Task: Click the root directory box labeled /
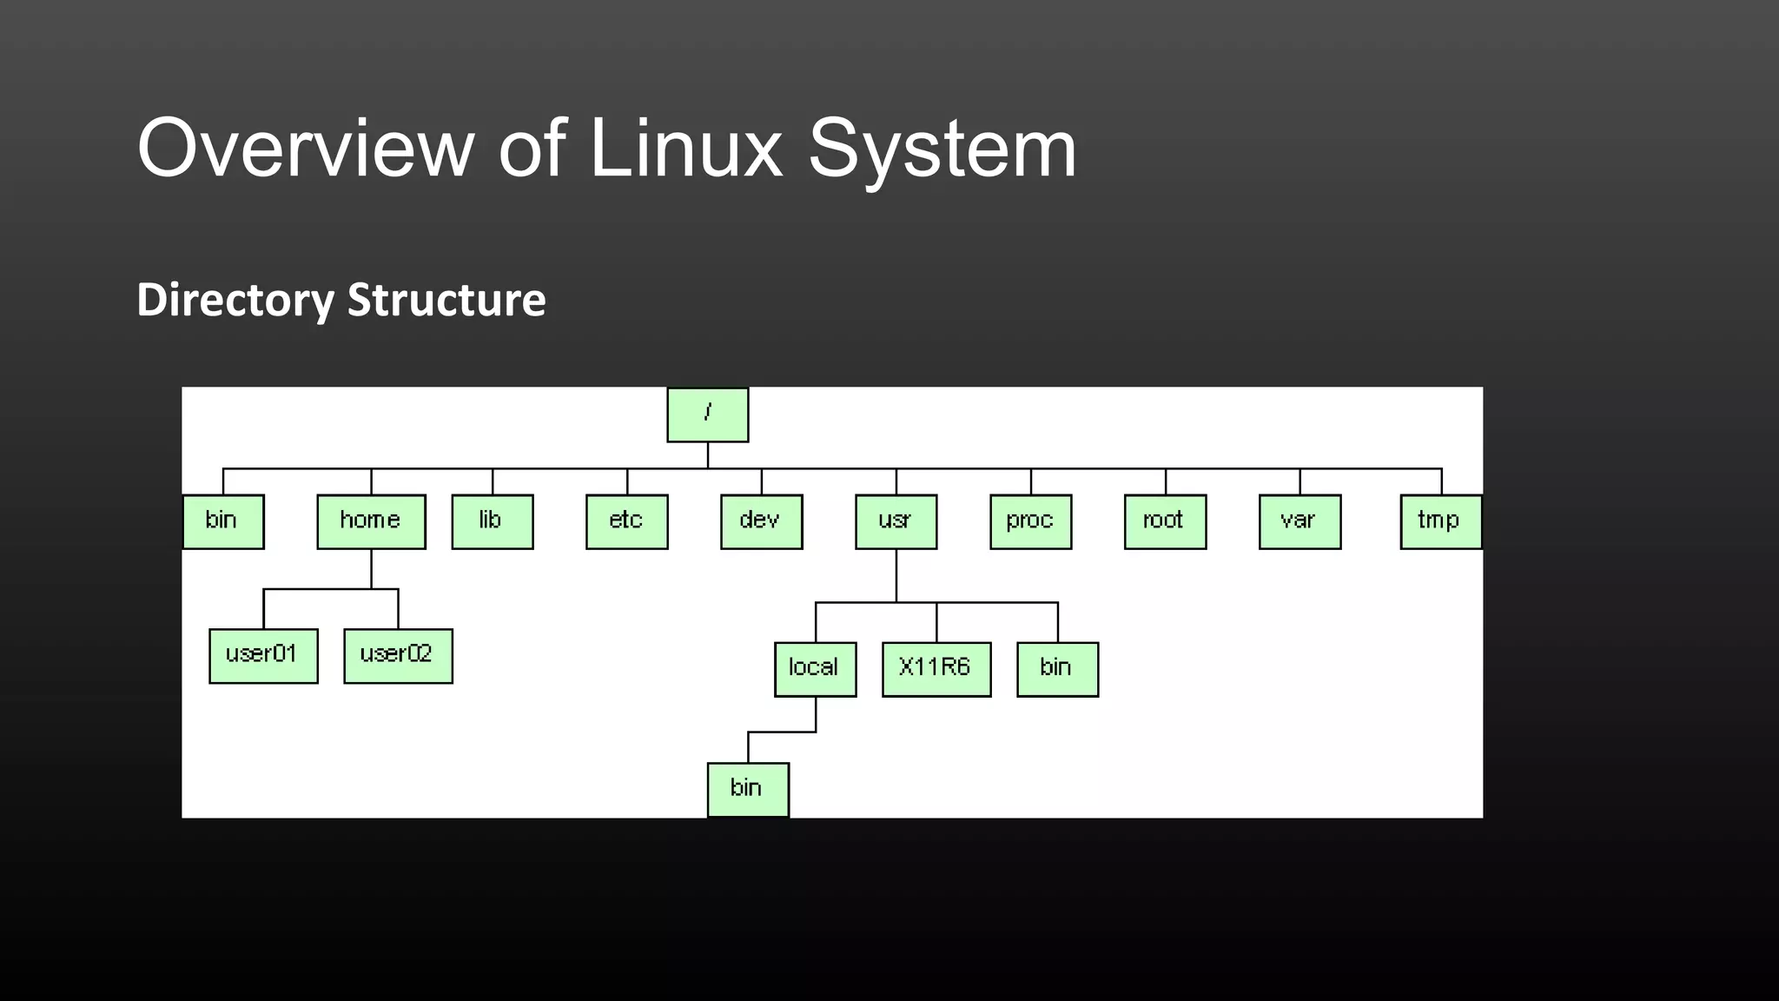tap(707, 414)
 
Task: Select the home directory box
tap(371, 521)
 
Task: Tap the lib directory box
tap(492, 521)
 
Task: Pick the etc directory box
tap(626, 521)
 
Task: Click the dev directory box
tap(761, 521)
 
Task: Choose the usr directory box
tap(896, 521)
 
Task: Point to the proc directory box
tap(1030, 521)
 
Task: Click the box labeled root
tap(1165, 521)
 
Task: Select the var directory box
tap(1300, 521)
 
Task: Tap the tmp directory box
tap(1440, 521)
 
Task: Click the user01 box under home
tap(263, 656)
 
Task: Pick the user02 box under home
tap(398, 656)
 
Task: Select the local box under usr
tap(815, 669)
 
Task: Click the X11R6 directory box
tap(936, 669)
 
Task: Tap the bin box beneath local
tap(748, 789)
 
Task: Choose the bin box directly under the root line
tap(223, 521)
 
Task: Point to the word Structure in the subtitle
tap(446, 300)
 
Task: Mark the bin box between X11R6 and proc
tap(1057, 669)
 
